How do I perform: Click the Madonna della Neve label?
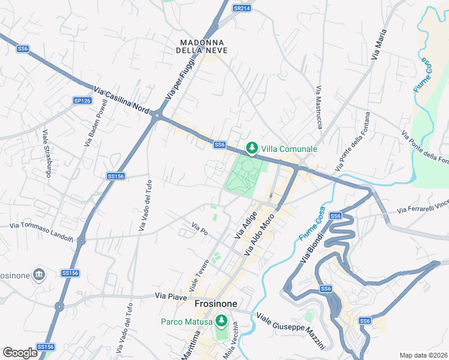point(202,46)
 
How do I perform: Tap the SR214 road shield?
point(241,8)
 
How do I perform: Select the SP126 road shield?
point(82,101)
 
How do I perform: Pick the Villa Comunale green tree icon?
point(252,148)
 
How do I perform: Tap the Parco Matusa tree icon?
point(221,321)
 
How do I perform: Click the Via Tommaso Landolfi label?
point(41,225)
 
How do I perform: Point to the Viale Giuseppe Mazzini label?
point(291,330)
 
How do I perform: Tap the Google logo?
point(20,353)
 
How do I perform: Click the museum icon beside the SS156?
point(39,274)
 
